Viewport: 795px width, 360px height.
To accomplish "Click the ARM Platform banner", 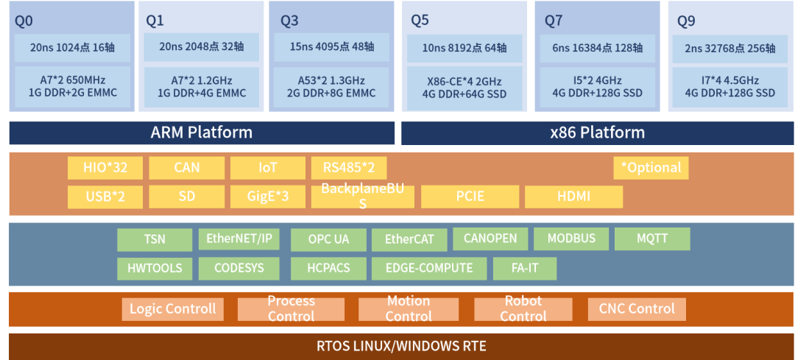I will coord(201,133).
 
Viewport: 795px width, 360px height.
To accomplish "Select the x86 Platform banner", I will coord(597,133).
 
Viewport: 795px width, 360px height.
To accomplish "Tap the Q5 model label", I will coord(420,21).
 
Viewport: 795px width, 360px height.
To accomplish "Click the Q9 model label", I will coord(686,21).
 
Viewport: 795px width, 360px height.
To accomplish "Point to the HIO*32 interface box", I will coord(105,167).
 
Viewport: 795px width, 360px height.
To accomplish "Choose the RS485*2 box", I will coord(349,167).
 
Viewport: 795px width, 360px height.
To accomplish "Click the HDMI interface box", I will coord(573,197).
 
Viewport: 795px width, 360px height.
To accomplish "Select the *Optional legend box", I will coord(651,167).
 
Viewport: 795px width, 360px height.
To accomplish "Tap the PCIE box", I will coord(470,197).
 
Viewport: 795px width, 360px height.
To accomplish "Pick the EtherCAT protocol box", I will coord(409,239).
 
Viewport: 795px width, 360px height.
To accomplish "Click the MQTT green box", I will coord(652,239).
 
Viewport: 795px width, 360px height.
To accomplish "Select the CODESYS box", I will coord(238,268).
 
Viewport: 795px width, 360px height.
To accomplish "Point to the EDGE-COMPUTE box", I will coord(429,268).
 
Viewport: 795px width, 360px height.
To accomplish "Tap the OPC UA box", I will coord(328,239).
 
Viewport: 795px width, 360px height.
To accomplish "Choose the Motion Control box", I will coord(408,308).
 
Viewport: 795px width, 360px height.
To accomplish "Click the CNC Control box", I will coord(637,308).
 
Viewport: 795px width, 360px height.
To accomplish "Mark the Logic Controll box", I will coord(172,308).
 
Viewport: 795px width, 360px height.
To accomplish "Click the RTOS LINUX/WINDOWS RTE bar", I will coord(401,346).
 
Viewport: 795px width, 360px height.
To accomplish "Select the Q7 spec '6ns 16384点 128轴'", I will coord(597,48).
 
